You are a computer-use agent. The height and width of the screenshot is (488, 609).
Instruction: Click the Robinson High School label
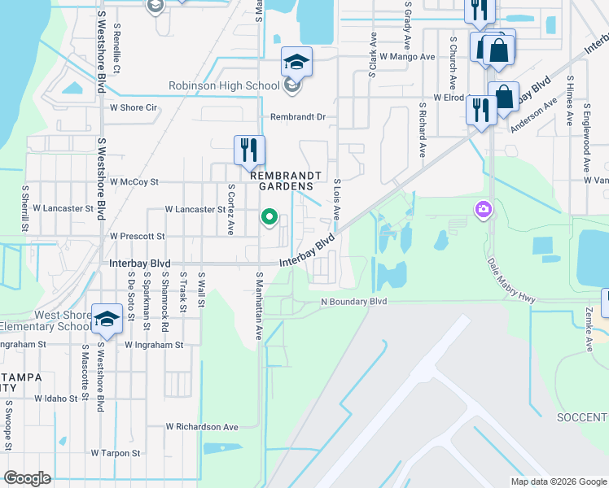225,85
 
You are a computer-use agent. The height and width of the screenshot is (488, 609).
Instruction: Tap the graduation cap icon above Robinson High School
297,61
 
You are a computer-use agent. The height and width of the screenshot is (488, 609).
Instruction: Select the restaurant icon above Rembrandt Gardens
249,150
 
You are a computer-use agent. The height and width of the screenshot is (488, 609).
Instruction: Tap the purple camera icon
484,211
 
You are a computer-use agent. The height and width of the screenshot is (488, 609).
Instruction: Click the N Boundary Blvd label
353,302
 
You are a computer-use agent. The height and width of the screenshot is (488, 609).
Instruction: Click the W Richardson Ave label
202,426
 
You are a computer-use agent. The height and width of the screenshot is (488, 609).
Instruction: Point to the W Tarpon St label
116,453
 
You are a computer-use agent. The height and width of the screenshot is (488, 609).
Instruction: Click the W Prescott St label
137,236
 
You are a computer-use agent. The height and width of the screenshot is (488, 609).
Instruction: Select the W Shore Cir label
134,107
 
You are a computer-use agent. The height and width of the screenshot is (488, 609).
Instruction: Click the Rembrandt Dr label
298,117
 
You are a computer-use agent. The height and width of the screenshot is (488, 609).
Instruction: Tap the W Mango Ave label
401,57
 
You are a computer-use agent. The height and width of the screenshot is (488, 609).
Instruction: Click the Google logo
27,478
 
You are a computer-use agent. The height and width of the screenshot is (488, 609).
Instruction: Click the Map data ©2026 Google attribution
559,481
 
